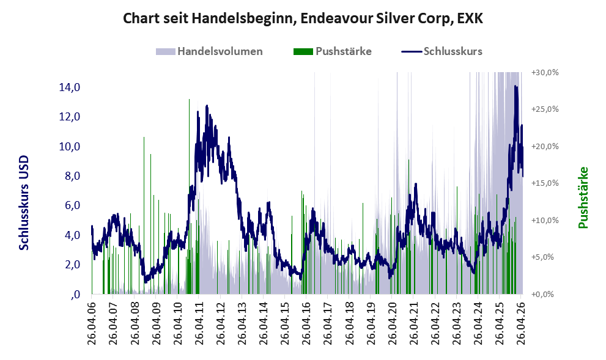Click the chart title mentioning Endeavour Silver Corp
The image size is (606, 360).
click(x=303, y=18)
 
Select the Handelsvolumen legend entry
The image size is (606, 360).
click(x=209, y=51)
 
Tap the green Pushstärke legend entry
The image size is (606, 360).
click(x=333, y=51)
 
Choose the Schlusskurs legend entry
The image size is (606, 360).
click(x=442, y=51)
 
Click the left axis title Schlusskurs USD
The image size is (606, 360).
click(x=24, y=203)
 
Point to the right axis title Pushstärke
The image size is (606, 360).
click(x=583, y=197)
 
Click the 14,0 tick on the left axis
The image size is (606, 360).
click(x=70, y=87)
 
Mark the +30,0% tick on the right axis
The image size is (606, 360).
click(x=545, y=72)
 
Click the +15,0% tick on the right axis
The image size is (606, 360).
click(x=545, y=183)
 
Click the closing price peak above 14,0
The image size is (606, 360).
click(x=515, y=86)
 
